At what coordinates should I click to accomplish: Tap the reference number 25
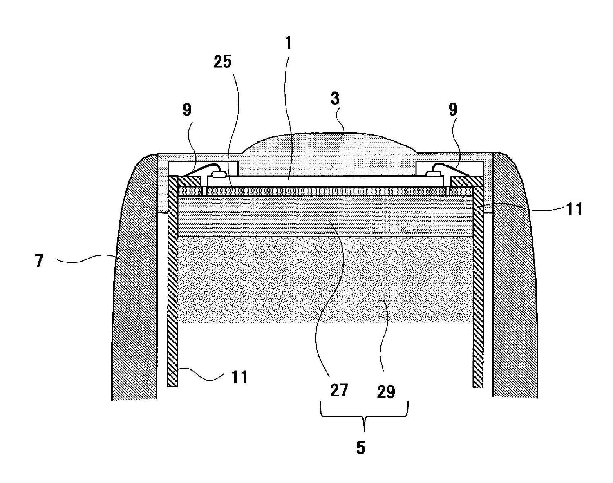click(x=222, y=61)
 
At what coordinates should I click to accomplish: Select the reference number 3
click(x=335, y=99)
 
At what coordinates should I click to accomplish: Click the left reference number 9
click(x=187, y=110)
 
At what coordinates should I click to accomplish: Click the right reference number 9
click(x=453, y=110)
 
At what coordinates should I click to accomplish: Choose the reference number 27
click(x=339, y=390)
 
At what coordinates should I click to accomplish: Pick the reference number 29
click(x=386, y=391)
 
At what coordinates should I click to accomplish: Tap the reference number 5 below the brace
click(x=360, y=447)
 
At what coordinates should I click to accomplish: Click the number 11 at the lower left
click(x=239, y=377)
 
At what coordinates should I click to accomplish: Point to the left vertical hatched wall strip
click(x=173, y=286)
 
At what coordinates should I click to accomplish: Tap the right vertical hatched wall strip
click(x=478, y=286)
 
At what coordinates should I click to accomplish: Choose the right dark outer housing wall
click(x=515, y=286)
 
